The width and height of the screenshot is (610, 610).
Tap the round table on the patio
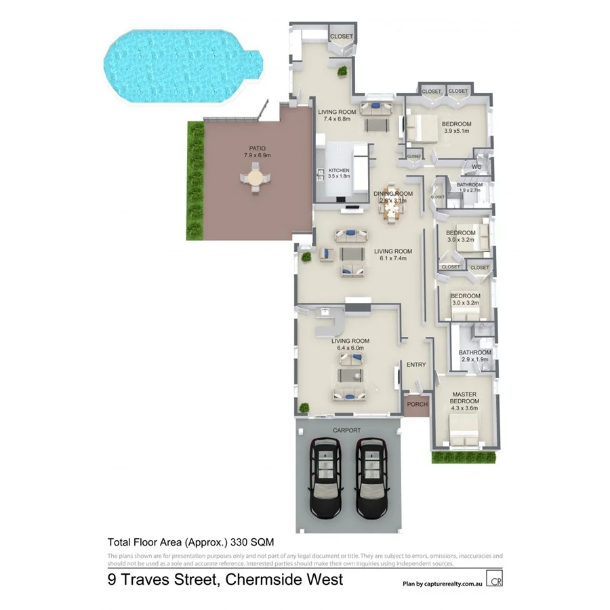[255, 180]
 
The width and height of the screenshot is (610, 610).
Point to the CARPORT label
[346, 430]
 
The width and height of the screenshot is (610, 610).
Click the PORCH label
[417, 405]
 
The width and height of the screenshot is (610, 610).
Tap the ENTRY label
[416, 365]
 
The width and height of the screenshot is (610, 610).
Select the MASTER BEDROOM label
[464, 398]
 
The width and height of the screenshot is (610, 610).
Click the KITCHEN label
[339, 170]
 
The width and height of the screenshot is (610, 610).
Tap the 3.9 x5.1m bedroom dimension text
[456, 131]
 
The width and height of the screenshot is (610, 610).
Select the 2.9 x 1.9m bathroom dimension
[474, 360]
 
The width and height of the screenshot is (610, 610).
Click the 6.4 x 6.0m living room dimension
[350, 348]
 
